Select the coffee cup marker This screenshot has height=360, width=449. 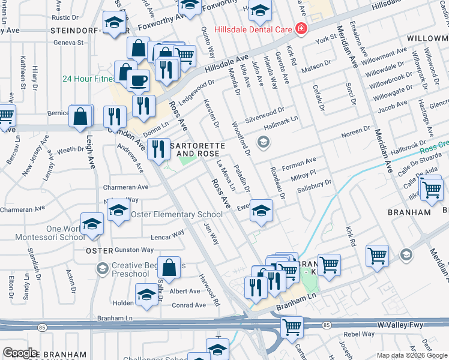tap(139, 79)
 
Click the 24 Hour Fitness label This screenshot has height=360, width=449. tap(87, 79)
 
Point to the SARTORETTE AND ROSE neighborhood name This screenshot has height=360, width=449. tap(197, 150)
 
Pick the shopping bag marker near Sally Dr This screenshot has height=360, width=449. tap(170, 268)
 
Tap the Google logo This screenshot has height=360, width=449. tap(20, 353)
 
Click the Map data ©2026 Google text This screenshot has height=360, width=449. tap(411, 355)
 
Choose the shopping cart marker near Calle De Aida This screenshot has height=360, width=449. tap(431, 190)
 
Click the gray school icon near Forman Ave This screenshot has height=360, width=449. tap(262, 142)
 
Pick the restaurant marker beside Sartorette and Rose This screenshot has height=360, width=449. tap(158, 148)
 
